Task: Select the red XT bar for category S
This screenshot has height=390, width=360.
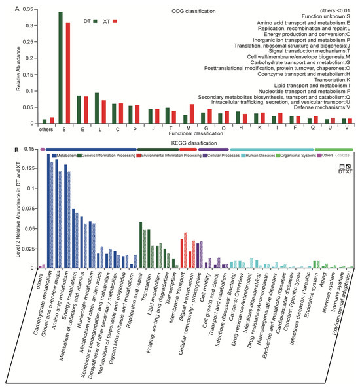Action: [67, 73]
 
